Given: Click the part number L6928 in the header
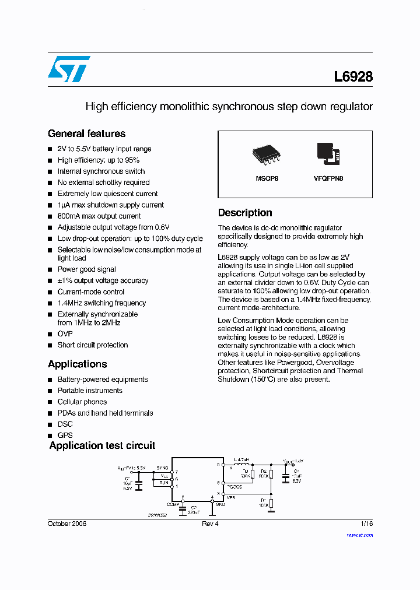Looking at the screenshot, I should [353, 76].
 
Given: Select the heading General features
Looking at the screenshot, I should [86, 134].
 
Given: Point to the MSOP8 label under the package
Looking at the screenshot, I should [267, 178].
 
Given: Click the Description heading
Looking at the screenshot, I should [245, 213].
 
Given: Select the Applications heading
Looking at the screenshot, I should [77, 364].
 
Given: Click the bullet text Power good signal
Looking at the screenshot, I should [86, 269].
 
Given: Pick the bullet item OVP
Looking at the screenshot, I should [65, 333].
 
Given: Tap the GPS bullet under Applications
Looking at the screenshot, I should [65, 435].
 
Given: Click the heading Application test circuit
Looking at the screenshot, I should [102, 445].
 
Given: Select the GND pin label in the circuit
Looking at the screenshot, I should [220, 504].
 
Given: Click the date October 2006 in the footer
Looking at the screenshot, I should [66, 524].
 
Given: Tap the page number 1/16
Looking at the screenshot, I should [366, 524].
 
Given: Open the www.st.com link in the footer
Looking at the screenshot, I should [359, 535].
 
